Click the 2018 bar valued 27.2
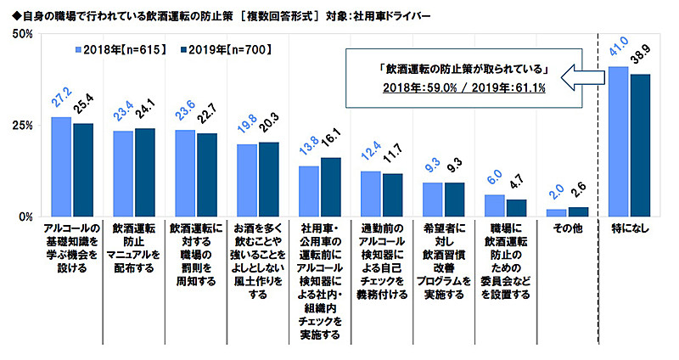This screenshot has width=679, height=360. tap(61, 166)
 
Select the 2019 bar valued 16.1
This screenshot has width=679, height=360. tap(330, 187)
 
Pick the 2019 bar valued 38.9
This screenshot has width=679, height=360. tap(639, 145)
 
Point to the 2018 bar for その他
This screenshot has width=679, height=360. tap(557, 212)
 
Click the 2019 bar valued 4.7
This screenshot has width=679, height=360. tap(516, 207)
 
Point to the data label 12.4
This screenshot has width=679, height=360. tap(369, 158)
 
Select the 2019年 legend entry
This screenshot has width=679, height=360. tap(225, 50)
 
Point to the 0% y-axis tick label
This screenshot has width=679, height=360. tap(25, 217)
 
